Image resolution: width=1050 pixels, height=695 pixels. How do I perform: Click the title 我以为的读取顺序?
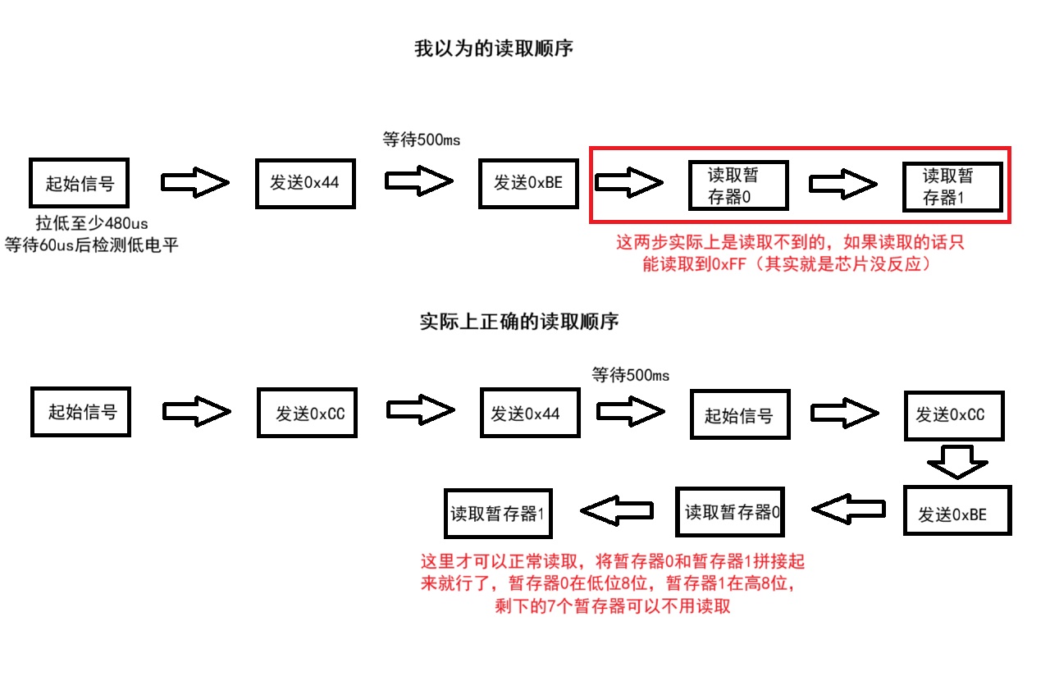[494, 49]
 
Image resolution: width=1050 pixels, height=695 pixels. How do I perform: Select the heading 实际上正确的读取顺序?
[518, 322]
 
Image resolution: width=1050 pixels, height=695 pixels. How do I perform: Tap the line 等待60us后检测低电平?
[91, 245]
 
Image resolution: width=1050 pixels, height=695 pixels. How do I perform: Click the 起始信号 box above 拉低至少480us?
[80, 183]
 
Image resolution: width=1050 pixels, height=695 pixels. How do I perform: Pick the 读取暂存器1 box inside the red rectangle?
[952, 186]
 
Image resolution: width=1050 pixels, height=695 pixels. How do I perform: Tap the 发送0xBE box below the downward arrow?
[956, 514]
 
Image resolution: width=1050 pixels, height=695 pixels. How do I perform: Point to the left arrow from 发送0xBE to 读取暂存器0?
[847, 511]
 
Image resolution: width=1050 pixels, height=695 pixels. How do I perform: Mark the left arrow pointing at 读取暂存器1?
[617, 512]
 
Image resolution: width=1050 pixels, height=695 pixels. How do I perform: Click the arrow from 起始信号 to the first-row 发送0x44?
[195, 183]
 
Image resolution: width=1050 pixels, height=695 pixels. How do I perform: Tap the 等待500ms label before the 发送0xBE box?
[421, 139]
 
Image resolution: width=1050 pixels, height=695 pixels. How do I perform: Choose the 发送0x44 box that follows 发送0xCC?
[529, 414]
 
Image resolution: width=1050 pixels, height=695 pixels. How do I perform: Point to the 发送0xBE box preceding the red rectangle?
[528, 182]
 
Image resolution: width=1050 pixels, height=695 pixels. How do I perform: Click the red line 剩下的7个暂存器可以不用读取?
[612, 606]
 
